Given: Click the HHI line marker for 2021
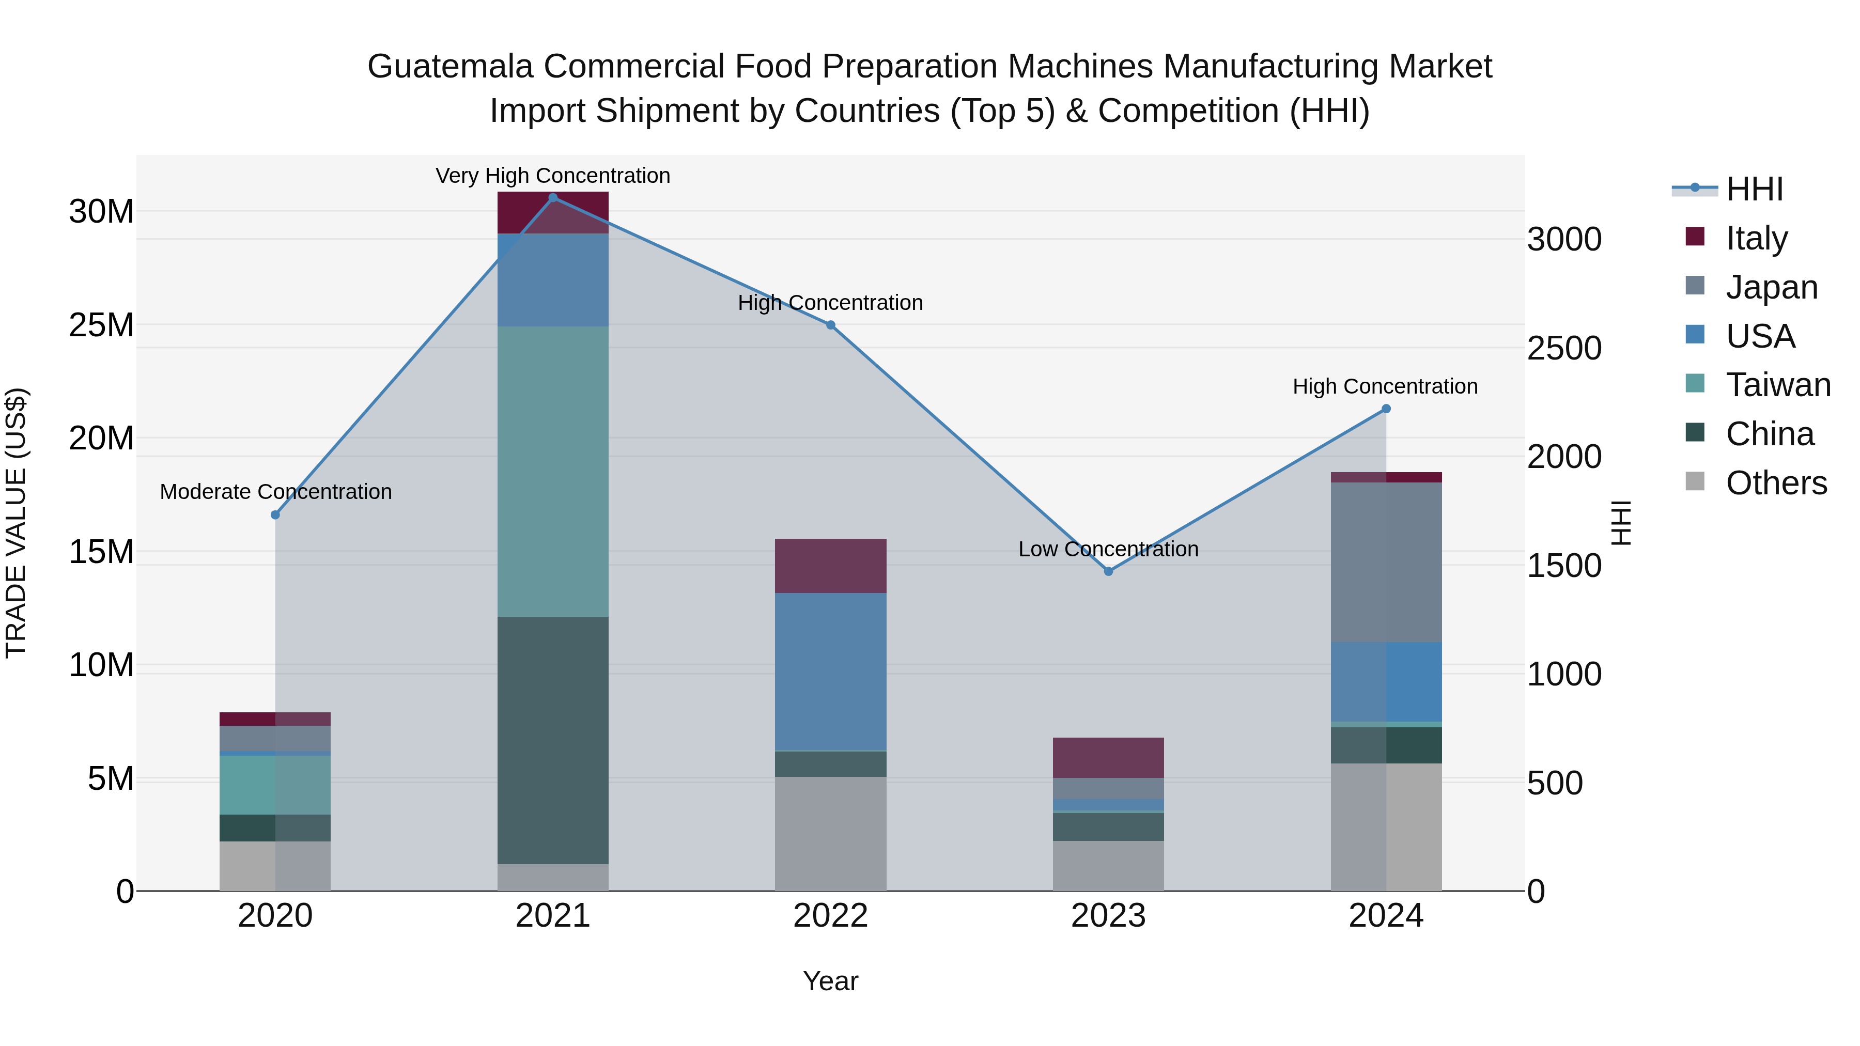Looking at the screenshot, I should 553,198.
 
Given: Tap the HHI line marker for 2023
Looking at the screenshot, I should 1108,571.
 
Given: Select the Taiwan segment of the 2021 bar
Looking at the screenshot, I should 553,471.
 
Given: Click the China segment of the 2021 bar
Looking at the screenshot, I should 553,740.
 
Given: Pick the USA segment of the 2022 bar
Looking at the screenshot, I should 830,672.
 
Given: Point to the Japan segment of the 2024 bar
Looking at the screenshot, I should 1386,561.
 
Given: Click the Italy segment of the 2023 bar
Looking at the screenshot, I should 1108,757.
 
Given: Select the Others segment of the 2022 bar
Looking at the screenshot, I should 830,834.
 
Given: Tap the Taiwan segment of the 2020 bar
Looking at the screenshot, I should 275,785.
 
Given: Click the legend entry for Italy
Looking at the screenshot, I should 1756,238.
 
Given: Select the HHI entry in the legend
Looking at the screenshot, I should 1754,189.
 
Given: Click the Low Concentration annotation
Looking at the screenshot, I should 1108,550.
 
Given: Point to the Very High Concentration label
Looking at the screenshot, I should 553,176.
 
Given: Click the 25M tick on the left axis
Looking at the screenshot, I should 101,325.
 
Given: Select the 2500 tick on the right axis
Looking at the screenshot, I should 1564,349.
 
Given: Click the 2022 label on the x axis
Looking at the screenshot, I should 830,916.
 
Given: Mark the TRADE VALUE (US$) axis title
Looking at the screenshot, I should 16,523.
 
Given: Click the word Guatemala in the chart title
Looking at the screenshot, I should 450,67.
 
